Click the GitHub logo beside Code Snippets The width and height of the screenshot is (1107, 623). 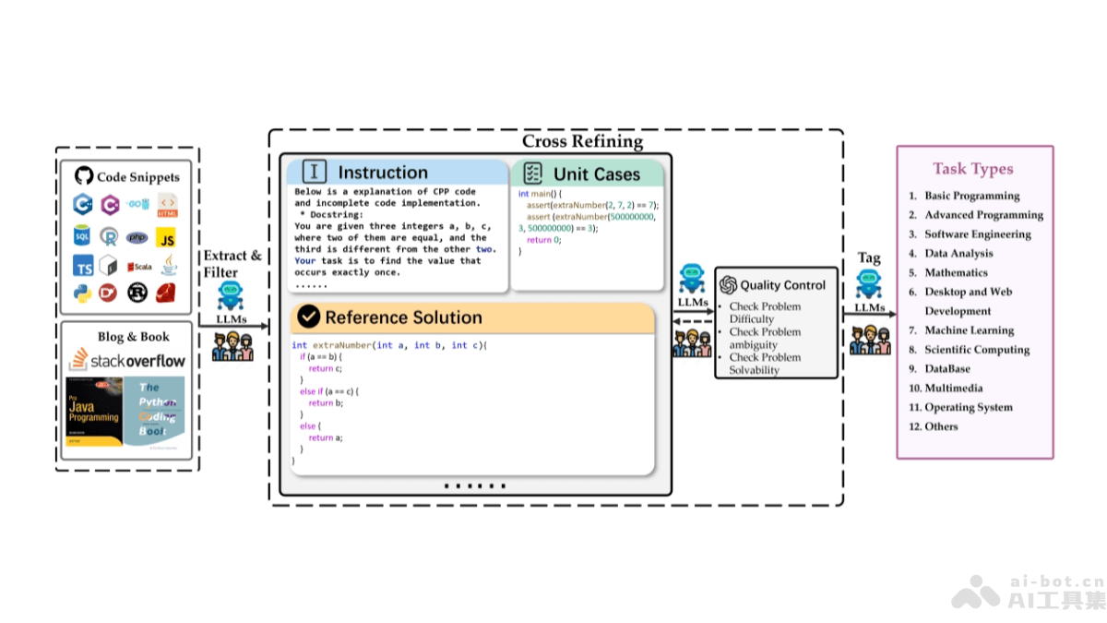coord(84,176)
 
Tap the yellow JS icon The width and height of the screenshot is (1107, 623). coord(166,238)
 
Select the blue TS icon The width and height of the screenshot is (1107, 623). coord(84,266)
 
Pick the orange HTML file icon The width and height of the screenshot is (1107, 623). coord(167,205)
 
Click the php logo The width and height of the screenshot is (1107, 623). coord(137,237)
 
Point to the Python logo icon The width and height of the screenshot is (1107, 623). coord(84,293)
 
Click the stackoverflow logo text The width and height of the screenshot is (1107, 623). coord(127,360)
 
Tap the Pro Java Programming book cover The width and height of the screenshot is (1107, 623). coord(95,412)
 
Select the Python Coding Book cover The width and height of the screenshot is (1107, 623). coord(154,412)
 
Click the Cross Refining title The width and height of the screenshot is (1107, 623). coord(582,141)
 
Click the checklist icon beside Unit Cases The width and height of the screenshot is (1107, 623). coord(532,173)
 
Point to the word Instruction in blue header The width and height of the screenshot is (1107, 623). coord(383,173)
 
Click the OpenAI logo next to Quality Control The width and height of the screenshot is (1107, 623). coord(728,285)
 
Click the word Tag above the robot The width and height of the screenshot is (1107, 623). coord(869,258)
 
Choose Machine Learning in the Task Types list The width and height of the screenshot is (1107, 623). coord(969,330)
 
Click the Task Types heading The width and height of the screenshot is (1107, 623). coord(972,169)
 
